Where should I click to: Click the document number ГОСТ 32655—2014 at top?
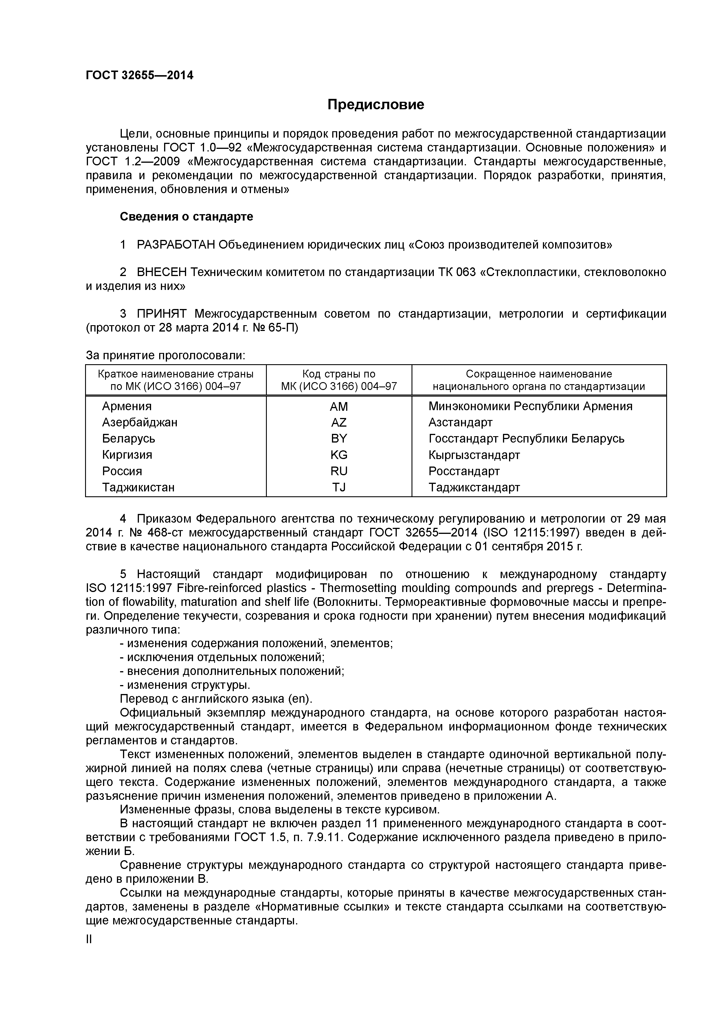tap(139, 75)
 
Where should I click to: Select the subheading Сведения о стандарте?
tap(187, 217)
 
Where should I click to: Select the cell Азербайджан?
tap(140, 423)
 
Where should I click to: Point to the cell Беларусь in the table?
tap(129, 438)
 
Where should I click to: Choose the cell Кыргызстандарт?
tap(474, 455)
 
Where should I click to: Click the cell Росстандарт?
tap(464, 471)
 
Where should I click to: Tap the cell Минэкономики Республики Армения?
tap(530, 406)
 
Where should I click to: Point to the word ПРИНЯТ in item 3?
tap(162, 314)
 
